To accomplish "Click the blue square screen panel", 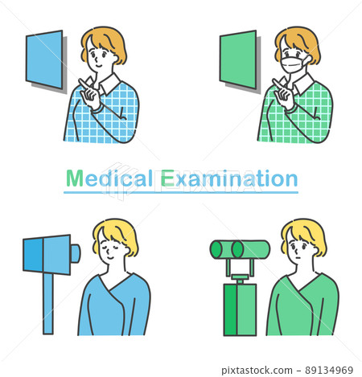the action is (44, 59).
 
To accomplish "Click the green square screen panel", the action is (238, 59).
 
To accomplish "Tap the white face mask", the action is (294, 64).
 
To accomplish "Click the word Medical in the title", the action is (109, 178).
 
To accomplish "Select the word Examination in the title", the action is (229, 178).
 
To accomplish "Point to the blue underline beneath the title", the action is (181, 192).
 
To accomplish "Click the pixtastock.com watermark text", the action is (257, 371).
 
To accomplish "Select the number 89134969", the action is (329, 371).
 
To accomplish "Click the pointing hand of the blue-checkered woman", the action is (90, 93).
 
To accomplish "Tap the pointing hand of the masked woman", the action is (284, 93).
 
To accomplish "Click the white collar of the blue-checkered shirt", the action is (109, 84).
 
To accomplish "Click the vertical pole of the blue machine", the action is (48, 303).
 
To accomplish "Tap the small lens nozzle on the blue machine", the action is (76, 253).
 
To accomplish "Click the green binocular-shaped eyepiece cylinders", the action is (240, 249).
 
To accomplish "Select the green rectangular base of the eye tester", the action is (240, 309).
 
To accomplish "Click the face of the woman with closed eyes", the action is (113, 248).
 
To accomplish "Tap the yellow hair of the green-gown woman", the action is (304, 236).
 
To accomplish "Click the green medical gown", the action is (302, 305).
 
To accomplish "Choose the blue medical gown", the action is (114, 305).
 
